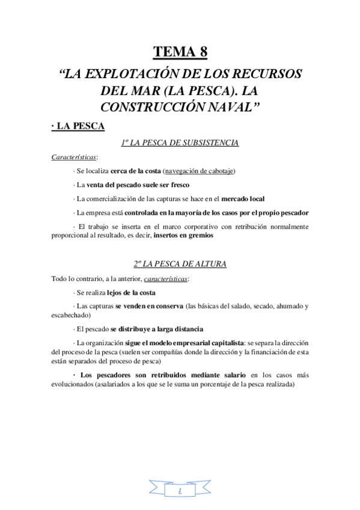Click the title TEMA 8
click(x=180, y=52)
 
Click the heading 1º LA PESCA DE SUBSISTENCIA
click(x=180, y=143)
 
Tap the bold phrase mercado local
click(x=243, y=198)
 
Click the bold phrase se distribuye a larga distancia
click(x=156, y=329)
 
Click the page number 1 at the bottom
click(x=180, y=491)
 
